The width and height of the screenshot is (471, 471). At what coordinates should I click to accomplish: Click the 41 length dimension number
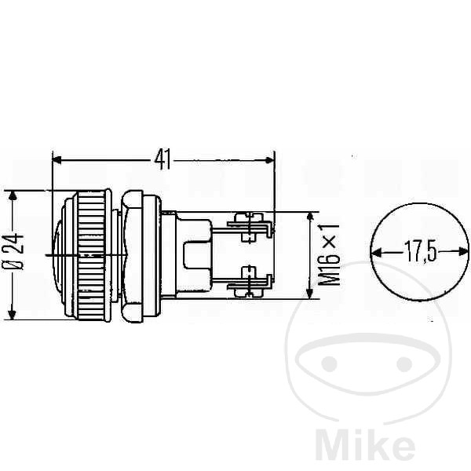162,159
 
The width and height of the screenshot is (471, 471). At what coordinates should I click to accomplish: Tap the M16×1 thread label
329,255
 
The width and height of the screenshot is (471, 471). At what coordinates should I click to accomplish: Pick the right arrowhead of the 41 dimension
270,160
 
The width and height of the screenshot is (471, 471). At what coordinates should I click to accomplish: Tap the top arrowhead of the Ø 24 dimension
12,195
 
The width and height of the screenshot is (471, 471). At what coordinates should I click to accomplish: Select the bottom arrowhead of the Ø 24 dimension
12,314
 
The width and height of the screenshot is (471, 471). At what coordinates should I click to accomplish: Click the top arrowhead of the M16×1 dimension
309,217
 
